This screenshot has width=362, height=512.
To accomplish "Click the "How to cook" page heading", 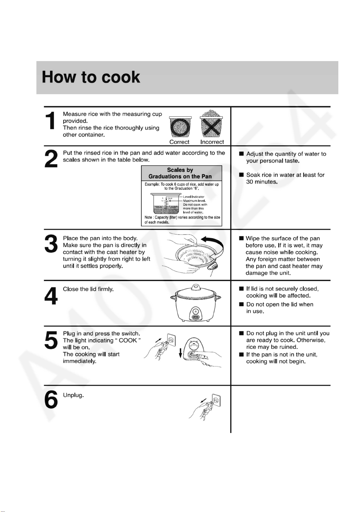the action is [x=91, y=77].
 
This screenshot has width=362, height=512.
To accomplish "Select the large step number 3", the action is [x=51, y=244].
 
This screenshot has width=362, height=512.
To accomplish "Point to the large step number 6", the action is [x=51, y=399].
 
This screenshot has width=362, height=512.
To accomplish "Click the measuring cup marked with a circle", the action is [x=181, y=127].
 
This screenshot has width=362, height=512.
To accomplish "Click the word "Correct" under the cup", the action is [x=179, y=142].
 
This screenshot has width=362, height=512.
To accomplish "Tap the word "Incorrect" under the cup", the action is [x=212, y=142].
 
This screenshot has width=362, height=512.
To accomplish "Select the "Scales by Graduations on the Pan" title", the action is [x=180, y=173].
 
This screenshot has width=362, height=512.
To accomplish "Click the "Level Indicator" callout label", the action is [x=194, y=197].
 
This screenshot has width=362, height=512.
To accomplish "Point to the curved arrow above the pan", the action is [x=213, y=246].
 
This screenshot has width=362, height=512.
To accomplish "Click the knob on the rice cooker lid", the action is [x=195, y=287].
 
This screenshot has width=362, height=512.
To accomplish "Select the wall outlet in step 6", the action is [x=216, y=400].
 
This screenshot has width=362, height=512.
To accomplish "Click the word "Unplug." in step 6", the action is [x=74, y=395].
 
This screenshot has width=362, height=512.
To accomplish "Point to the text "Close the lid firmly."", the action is [x=88, y=289].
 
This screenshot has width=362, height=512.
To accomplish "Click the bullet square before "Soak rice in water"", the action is [x=241, y=175].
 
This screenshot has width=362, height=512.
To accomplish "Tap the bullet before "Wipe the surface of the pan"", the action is [x=241, y=239].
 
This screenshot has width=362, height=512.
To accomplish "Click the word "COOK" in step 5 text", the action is [x=128, y=340].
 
